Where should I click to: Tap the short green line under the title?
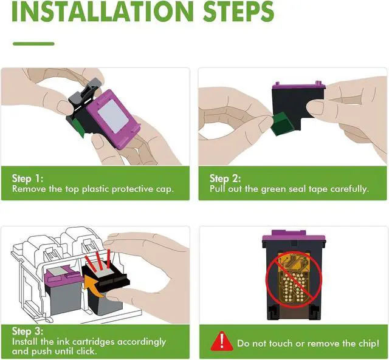(x=33, y=44)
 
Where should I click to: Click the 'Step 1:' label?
(x=27, y=178)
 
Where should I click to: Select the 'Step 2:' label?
(x=225, y=178)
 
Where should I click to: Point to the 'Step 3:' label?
(x=27, y=331)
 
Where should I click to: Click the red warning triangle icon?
(x=222, y=341)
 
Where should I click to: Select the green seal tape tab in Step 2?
(x=282, y=124)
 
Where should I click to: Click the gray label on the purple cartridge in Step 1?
(x=113, y=116)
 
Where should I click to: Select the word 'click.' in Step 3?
(x=86, y=351)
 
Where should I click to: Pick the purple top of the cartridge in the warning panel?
(x=294, y=236)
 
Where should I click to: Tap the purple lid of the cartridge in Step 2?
(x=298, y=86)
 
